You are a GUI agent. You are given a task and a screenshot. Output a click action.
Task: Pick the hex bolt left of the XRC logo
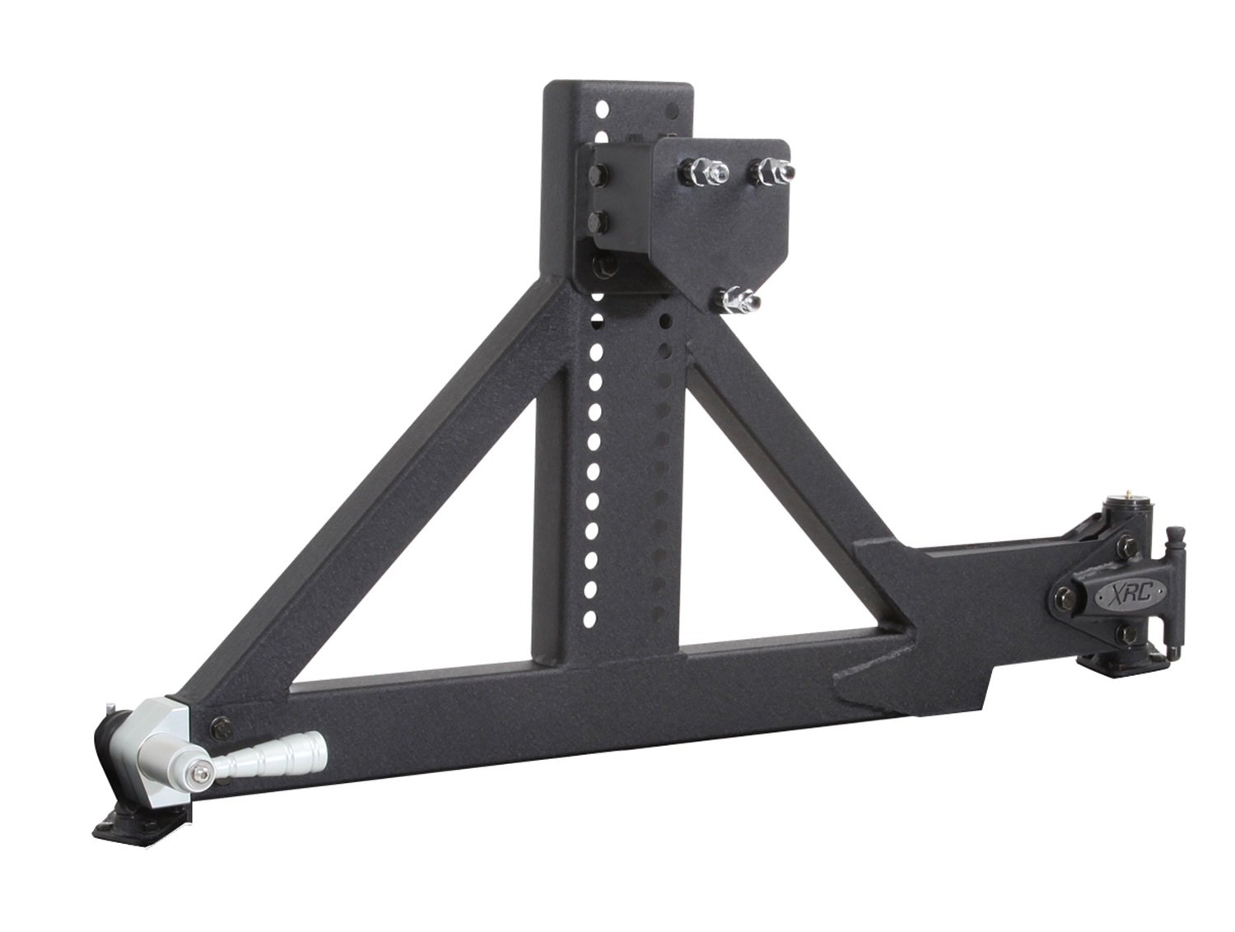coord(1063,594)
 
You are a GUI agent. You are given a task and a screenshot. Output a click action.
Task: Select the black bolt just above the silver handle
coord(220,725)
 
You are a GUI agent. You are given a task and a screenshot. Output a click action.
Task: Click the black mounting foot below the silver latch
coord(140,819)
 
